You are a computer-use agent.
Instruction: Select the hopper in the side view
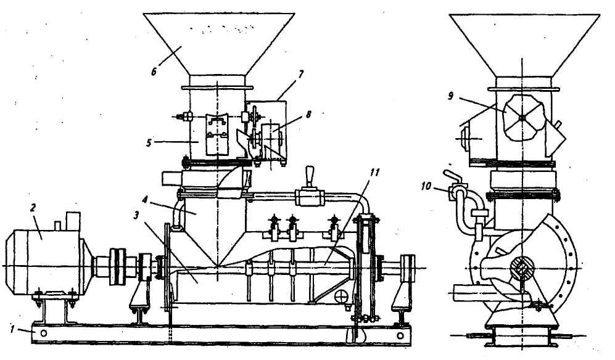pos(524,43)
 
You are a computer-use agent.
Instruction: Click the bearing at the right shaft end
pos(407,266)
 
